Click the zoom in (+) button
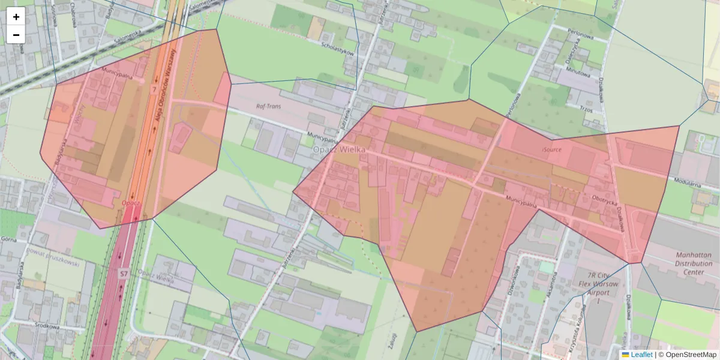(x=16, y=17)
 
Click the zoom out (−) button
(x=16, y=35)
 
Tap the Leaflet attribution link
(x=641, y=355)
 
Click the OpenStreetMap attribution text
(x=691, y=355)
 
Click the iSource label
(x=551, y=149)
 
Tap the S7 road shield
(x=123, y=274)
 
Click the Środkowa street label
(x=47, y=327)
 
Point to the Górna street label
(x=8, y=238)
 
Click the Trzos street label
(x=586, y=110)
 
